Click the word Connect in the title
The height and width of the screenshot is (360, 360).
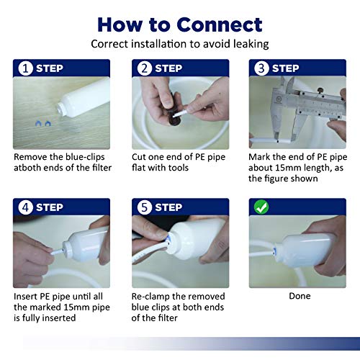tap(220, 24)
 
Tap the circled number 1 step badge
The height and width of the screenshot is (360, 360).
tap(25, 68)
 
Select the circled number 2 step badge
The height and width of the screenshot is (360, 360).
tap(145, 68)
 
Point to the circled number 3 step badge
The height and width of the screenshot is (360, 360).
tap(261, 68)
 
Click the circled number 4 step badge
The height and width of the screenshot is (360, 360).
tap(25, 207)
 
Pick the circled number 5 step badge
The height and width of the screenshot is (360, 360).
tap(145, 207)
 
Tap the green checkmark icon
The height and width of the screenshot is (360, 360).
tap(261, 207)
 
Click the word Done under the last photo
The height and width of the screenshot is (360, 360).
tap(300, 296)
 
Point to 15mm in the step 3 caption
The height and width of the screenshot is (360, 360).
tap(287, 168)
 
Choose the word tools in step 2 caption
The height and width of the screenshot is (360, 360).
tap(178, 168)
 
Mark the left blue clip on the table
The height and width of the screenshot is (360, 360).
tap(38, 123)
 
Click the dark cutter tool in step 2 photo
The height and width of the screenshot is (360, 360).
tap(174, 109)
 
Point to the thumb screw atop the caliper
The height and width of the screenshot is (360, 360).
tap(320, 91)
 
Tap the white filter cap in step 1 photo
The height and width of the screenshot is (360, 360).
tap(63, 109)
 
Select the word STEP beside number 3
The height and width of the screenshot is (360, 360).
tap(286, 68)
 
